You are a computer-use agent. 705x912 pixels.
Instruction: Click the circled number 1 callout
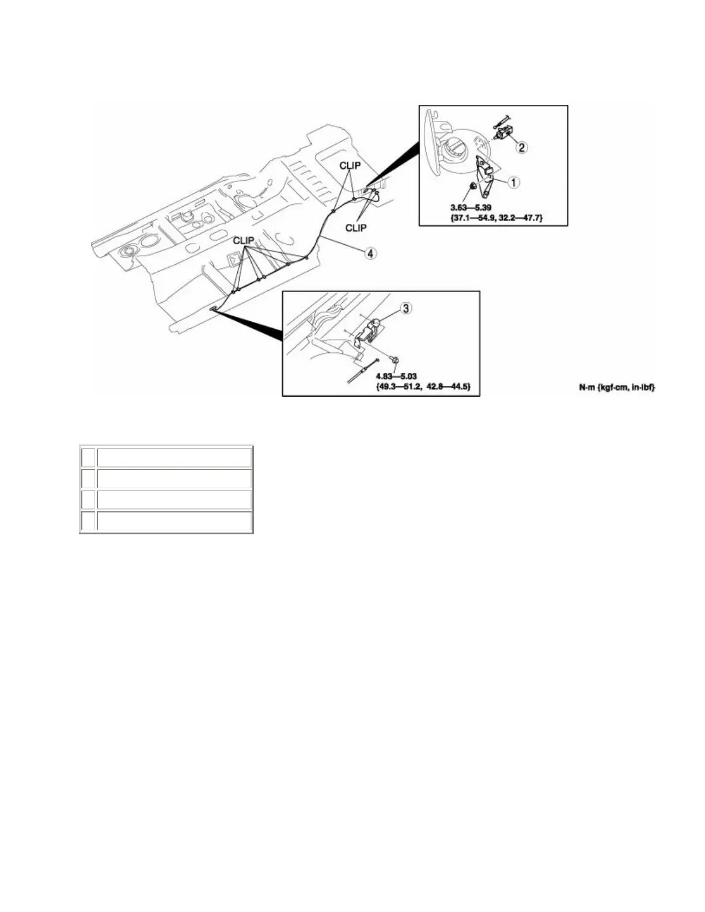(514, 183)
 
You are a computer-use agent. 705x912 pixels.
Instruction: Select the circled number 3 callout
(406, 309)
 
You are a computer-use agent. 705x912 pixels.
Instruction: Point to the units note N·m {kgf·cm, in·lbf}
(617, 388)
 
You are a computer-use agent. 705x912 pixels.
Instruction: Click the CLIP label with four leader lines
(244, 241)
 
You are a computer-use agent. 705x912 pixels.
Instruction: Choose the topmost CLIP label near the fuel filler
(350, 165)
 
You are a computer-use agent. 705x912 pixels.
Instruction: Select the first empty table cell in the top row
(88, 458)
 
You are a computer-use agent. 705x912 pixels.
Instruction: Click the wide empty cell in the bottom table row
(174, 521)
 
